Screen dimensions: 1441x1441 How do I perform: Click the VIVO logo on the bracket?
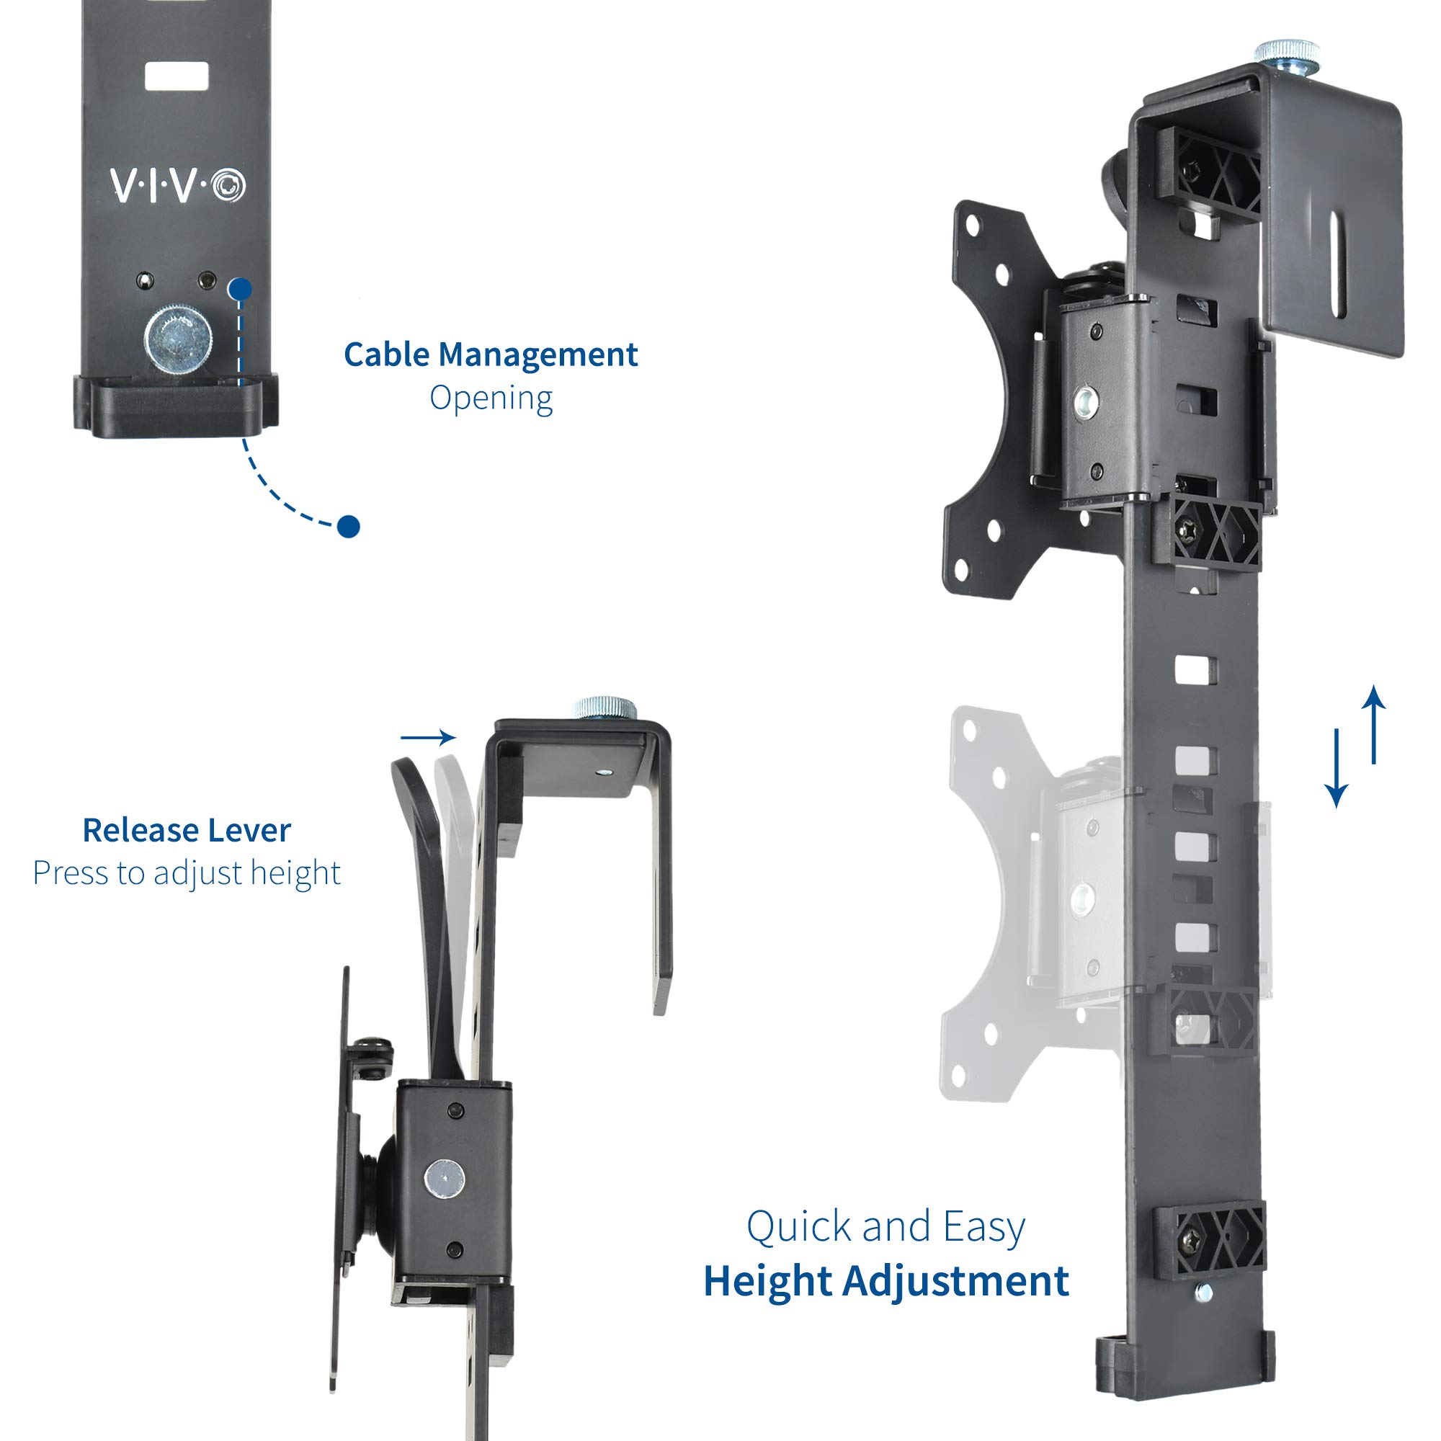pos(177,185)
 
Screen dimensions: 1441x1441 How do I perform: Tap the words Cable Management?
pos(490,354)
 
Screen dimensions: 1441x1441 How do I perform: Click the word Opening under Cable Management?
pos(491,398)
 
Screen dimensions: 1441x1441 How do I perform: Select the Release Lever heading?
pos(187,830)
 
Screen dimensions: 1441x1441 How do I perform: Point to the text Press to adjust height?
pos(187,872)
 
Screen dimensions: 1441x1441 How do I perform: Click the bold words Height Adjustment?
pos(885,1280)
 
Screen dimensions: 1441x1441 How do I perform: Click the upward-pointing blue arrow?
pos(1373,723)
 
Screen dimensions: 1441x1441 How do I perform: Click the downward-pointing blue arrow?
pos(1336,768)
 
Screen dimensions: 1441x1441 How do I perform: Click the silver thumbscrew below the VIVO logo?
pos(177,339)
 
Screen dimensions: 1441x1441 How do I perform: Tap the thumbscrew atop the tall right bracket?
pos(1287,55)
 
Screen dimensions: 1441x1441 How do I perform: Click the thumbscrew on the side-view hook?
pos(604,707)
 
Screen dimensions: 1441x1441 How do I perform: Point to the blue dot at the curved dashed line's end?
pos(348,527)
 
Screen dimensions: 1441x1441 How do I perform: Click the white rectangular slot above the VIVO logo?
pos(176,77)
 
